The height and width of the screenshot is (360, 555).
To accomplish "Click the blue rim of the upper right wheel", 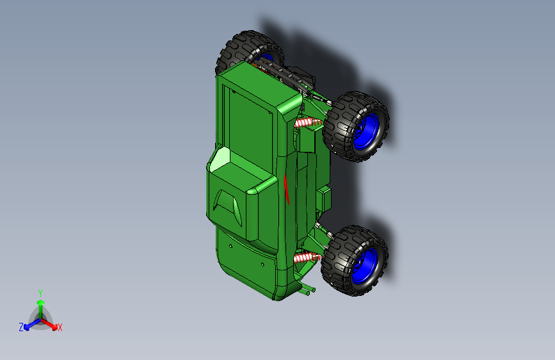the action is coord(366,131).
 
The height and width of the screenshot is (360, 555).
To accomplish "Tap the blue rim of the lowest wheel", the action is coord(365,266).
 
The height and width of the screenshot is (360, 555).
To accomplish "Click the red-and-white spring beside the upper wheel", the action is coord(308,122).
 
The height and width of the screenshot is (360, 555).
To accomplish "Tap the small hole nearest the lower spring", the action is coord(262,265).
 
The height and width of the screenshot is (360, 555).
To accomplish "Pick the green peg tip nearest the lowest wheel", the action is coord(314,290).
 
